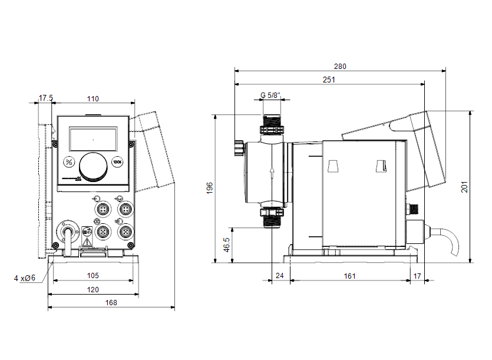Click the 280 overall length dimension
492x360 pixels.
(x=341, y=67)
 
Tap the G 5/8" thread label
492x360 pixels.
(x=270, y=95)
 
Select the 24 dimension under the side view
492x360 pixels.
(x=279, y=276)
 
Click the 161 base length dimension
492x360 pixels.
(x=350, y=276)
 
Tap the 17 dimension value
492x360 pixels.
(x=417, y=276)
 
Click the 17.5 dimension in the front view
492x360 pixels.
(x=46, y=98)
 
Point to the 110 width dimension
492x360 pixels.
(x=93, y=98)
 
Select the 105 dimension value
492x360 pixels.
(x=93, y=276)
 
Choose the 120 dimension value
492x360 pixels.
(x=93, y=289)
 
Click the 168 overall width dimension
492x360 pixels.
(x=111, y=302)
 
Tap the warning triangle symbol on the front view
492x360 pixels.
(x=87, y=241)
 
